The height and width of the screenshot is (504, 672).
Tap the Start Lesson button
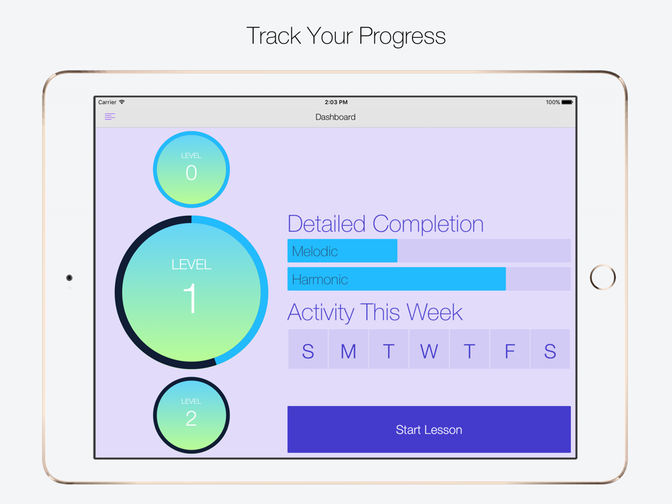point(429,429)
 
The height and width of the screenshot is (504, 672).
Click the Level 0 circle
point(191,170)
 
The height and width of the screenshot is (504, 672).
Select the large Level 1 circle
point(191,292)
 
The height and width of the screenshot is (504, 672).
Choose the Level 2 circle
point(191,415)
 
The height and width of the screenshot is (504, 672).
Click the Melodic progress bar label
point(315,251)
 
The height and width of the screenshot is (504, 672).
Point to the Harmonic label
point(320,280)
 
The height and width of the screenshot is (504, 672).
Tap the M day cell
point(348,349)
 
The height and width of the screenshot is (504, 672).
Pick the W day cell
point(429,349)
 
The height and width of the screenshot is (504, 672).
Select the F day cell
point(509,349)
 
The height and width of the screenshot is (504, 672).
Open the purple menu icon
point(110,116)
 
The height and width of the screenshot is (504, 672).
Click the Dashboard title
point(335,117)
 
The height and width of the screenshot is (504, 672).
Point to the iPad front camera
point(69,278)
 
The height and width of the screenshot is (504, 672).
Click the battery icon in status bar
point(567,102)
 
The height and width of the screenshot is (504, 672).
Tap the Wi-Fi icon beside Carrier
point(122,102)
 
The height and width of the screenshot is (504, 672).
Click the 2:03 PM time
point(336,102)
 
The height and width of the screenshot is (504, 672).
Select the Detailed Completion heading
point(386,224)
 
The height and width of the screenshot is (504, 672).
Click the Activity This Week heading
point(375,312)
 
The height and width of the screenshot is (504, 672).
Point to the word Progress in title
point(402,36)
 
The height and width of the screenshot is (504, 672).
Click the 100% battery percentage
point(553,102)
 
